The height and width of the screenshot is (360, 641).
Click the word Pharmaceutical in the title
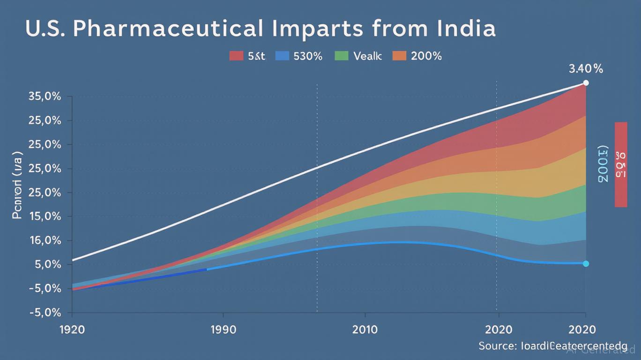pos(168,29)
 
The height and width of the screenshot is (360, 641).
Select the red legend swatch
pos(236,56)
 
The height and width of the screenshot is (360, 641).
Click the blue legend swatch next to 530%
pos(282,56)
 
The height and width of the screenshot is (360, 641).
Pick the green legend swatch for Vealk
pos(342,56)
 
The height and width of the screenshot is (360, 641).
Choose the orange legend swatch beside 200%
pos(399,56)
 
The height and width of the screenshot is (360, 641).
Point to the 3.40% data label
pos(586,69)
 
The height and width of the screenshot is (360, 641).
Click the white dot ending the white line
pos(586,83)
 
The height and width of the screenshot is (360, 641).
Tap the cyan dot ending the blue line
pos(586,264)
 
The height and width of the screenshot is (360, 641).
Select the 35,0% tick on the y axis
pos(45,97)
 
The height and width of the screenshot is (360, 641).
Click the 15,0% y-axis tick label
pos(45,217)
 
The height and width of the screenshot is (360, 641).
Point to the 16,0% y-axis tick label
pos(45,240)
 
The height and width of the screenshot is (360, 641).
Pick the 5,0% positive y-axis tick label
pos(48,264)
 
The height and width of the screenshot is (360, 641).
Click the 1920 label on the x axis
pos(72,330)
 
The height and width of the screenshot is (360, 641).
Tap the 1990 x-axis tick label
pos(223,330)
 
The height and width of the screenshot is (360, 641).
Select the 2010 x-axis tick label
pos(365,330)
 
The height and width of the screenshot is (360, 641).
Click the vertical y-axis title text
pos(17,185)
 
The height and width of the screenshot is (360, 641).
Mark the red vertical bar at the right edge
pos(621,164)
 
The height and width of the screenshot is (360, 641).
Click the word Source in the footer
pos(497,346)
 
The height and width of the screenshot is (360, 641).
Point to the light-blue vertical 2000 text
pos(603,164)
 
